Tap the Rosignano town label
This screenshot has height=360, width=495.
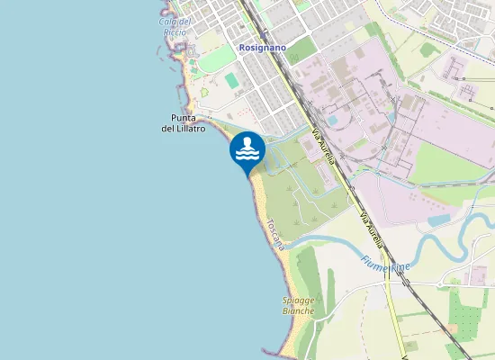click(261, 48)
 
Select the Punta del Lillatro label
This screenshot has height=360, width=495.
click(177, 123)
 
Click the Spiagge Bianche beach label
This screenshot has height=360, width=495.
click(298, 305)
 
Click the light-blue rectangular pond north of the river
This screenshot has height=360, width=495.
click(440, 220)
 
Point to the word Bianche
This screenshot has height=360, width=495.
click(298, 311)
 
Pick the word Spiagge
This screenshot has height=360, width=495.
click(298, 300)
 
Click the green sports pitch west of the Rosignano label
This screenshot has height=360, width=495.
click(233, 80)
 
